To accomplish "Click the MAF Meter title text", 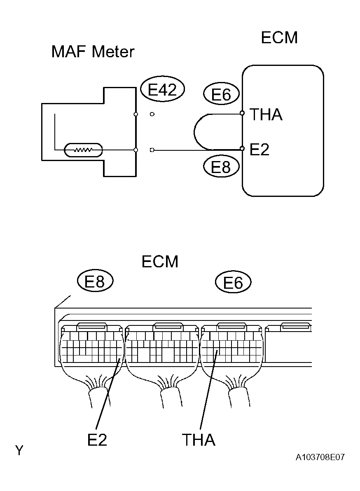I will click(x=93, y=52).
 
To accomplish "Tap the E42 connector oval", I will click(x=162, y=89).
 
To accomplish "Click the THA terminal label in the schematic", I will click(x=266, y=115).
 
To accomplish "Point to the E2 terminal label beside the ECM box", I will click(x=259, y=150).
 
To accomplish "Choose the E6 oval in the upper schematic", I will click(x=221, y=95).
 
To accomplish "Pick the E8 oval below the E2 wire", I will click(x=221, y=167).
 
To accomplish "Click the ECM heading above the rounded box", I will click(x=279, y=38).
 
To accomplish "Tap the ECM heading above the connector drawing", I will click(x=160, y=262).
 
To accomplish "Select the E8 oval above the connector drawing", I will click(x=95, y=282).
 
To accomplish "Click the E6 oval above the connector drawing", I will click(x=233, y=283).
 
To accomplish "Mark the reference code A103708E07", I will click(x=320, y=458).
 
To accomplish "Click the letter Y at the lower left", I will click(x=19, y=451).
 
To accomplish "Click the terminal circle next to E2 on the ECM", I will click(x=243, y=147).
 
